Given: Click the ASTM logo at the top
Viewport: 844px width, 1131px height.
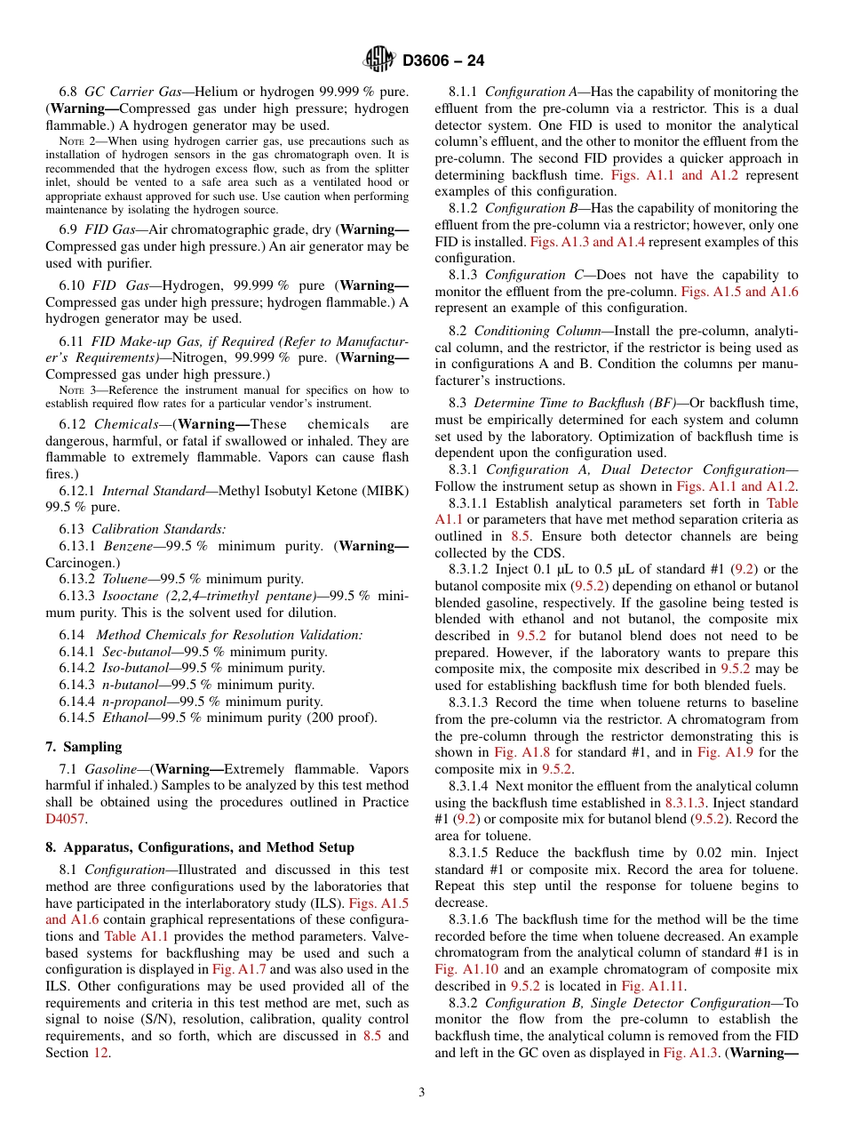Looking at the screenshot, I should click(379, 60).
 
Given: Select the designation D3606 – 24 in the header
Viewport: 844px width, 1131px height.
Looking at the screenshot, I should click(443, 61).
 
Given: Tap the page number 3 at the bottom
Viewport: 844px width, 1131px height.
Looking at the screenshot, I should click(422, 1092).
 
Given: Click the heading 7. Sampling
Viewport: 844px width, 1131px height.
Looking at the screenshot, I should click(84, 746).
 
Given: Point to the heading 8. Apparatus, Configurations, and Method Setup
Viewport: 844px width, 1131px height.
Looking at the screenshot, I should click(200, 847).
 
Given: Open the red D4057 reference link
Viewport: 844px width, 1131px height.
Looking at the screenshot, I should click(67, 819).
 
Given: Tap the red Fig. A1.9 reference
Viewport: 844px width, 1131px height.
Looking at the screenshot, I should click(722, 752).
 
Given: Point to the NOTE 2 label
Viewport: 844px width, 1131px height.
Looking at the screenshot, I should click(75, 141).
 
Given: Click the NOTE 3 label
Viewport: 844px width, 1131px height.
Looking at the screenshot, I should click(75, 390).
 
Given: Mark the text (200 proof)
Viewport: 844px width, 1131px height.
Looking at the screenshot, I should click(342, 718).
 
